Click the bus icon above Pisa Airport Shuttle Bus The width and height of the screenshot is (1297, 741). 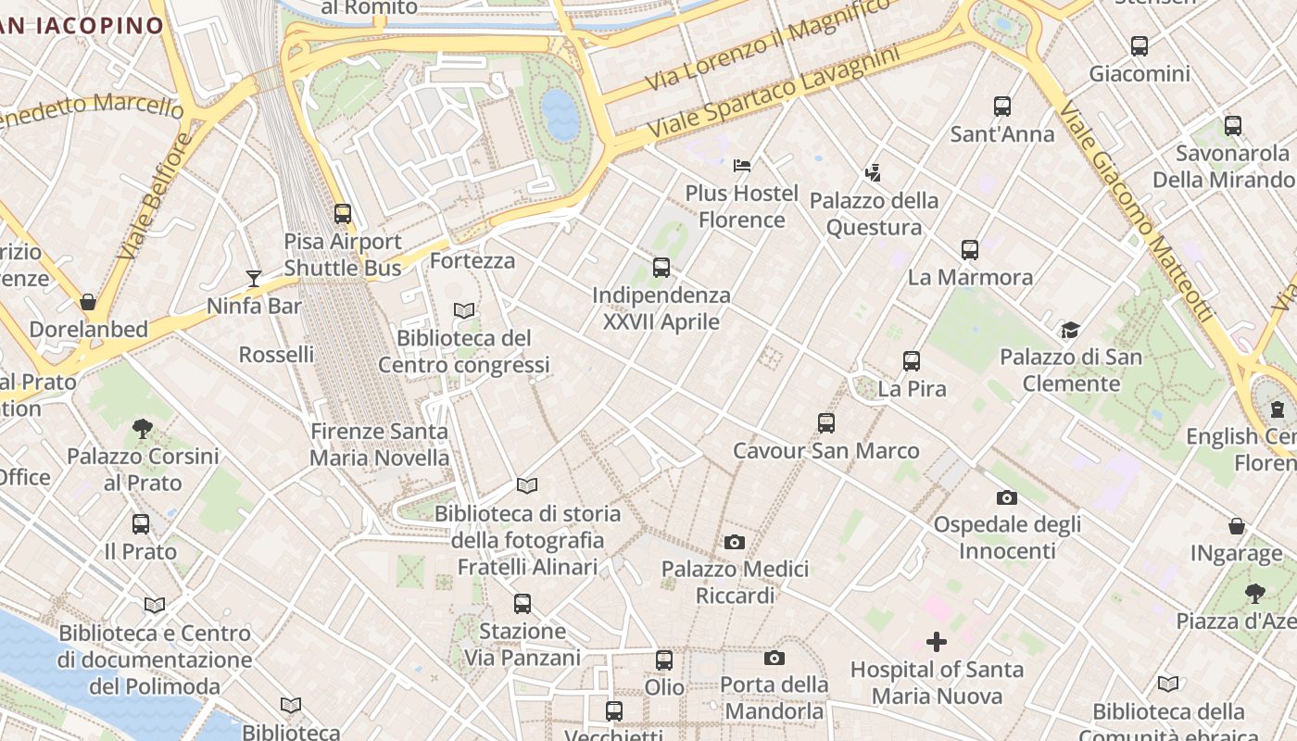(343, 214)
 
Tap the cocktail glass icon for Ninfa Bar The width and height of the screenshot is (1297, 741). (253, 278)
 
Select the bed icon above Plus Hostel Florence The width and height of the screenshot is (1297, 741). (741, 166)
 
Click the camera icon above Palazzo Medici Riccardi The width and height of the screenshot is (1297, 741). (734, 542)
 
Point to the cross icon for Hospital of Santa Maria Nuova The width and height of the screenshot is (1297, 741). (937, 642)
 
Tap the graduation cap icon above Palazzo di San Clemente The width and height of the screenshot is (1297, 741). (1070, 330)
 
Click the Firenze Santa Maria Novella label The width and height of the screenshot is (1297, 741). (379, 445)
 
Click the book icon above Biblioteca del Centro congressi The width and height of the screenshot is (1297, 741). (464, 311)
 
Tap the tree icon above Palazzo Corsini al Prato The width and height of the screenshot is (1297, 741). (142, 429)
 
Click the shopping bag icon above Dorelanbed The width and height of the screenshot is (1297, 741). (88, 302)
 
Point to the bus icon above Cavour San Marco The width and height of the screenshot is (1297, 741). (826, 423)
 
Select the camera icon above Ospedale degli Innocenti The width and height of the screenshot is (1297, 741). (1007, 497)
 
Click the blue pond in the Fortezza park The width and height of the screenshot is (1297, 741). (560, 114)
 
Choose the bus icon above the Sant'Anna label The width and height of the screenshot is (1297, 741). (1002, 107)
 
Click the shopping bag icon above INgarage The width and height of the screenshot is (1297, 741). (1236, 526)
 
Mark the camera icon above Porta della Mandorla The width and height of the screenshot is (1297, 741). (774, 658)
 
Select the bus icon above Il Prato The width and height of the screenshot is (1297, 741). (141, 524)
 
